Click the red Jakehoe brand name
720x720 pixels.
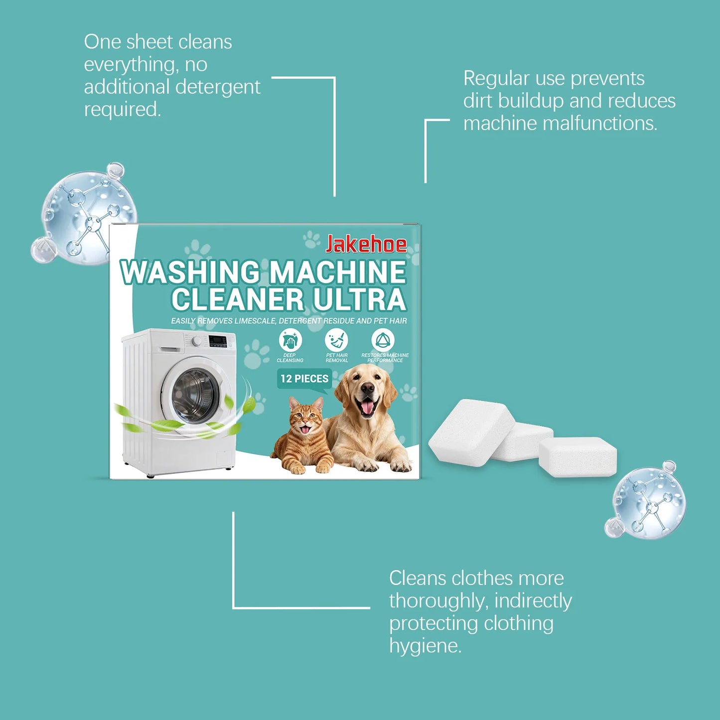[366, 244]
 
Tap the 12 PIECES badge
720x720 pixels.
[304, 379]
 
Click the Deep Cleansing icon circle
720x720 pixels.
[290, 341]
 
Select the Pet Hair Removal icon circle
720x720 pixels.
[336, 341]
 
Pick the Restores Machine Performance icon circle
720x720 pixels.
[383, 341]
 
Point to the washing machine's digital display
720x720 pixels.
[217, 341]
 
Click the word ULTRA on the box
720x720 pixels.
[359, 300]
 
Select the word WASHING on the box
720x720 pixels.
[190, 273]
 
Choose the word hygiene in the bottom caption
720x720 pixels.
[425, 646]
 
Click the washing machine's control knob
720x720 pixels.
[197, 341]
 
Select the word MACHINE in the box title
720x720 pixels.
[338, 273]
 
